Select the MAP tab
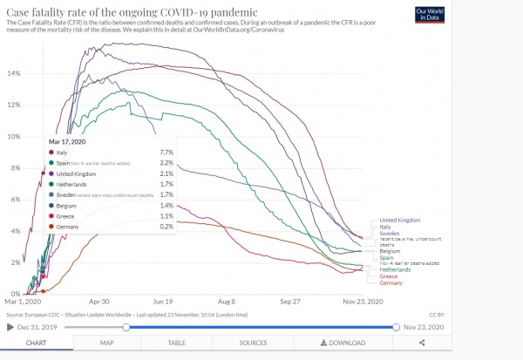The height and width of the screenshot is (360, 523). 107,343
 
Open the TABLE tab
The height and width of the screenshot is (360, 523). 177,343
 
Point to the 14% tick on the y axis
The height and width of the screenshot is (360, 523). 14,73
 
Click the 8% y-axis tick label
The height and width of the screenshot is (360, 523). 15,168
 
